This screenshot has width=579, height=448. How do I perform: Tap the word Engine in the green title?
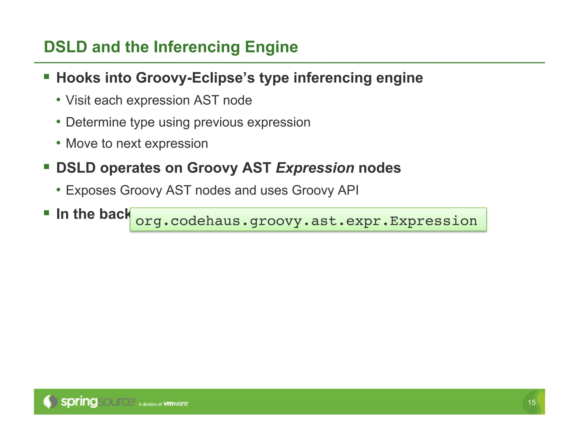click(x=271, y=47)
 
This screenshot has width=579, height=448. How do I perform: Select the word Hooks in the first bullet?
click(x=78, y=78)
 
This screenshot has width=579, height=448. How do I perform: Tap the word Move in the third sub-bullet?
click(x=80, y=144)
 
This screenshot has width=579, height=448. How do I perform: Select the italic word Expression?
click(x=315, y=168)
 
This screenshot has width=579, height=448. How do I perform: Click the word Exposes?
click(x=91, y=190)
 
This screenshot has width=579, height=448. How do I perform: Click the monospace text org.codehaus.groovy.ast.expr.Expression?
click(x=306, y=221)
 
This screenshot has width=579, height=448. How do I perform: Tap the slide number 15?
click(x=532, y=402)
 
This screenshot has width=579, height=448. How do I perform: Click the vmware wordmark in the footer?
click(x=176, y=404)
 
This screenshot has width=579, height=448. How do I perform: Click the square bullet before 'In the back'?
click(x=47, y=213)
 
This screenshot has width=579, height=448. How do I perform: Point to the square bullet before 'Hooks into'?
click(x=47, y=76)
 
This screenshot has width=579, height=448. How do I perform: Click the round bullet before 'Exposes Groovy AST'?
click(x=59, y=189)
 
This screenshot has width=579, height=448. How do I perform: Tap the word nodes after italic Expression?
click(x=380, y=168)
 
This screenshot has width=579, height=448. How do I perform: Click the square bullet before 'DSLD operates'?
click(x=47, y=167)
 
